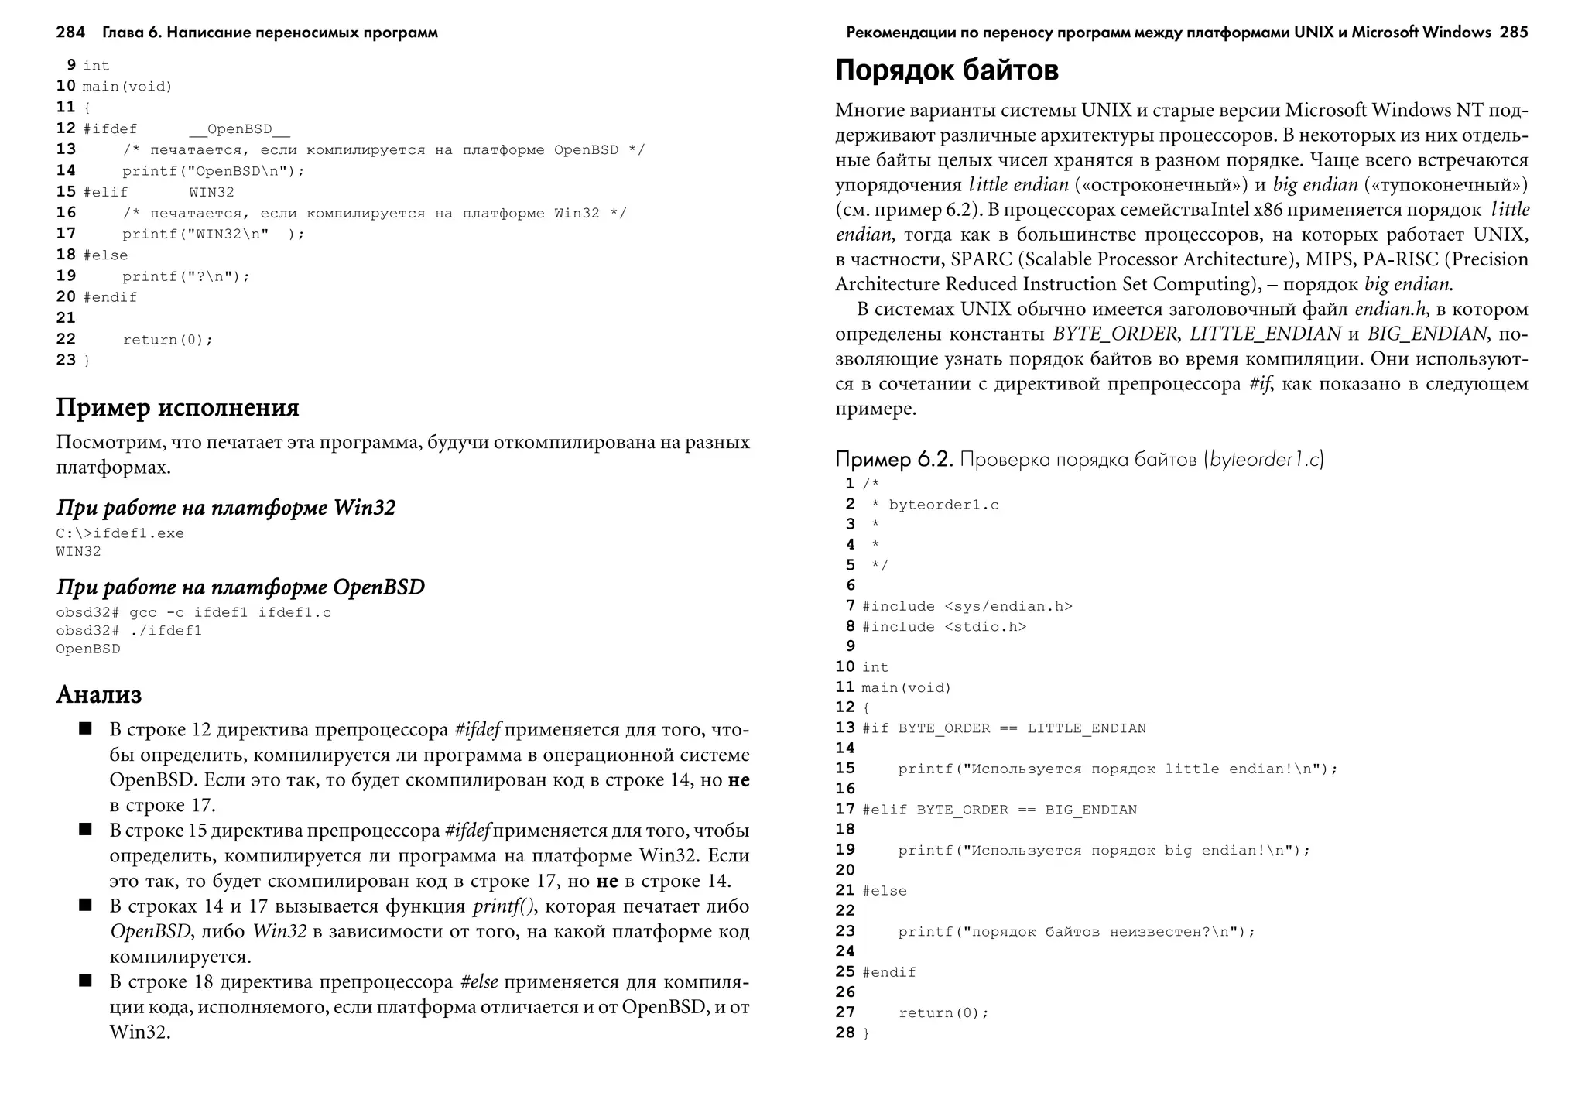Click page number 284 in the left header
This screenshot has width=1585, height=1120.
(70, 33)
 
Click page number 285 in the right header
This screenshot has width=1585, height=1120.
(1513, 33)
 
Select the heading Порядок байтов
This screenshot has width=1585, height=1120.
(947, 70)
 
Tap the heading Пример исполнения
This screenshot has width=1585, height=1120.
(177, 408)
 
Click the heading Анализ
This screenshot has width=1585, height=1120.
(99, 694)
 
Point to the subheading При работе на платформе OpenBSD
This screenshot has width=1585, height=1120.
(241, 587)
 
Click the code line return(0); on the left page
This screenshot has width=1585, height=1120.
(167, 340)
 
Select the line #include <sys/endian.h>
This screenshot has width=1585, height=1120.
(967, 606)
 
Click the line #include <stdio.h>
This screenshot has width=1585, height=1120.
(943, 627)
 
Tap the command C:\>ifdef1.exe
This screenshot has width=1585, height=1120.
(120, 533)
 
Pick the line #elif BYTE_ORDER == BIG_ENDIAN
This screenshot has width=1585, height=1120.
(998, 810)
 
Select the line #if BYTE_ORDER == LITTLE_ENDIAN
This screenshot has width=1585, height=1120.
(1003, 728)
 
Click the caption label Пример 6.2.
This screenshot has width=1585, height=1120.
(893, 460)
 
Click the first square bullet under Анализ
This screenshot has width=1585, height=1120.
(85, 728)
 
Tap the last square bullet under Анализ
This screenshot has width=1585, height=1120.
(85, 981)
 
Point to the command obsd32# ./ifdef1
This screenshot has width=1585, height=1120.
(128, 631)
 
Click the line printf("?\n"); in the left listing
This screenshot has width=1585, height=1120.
(186, 276)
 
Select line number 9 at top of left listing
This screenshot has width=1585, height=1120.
(71, 65)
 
